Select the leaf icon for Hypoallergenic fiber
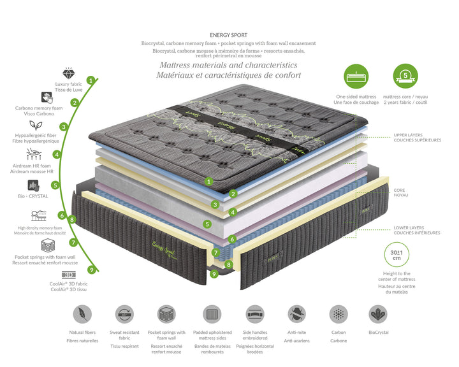(44, 126)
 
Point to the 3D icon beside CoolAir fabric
(68, 275)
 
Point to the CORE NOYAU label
(400, 192)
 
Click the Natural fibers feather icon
(83, 314)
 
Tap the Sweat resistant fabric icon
(124, 314)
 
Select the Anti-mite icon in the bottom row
(296, 314)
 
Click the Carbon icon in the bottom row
(339, 314)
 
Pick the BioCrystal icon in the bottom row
(378, 314)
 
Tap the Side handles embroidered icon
(255, 314)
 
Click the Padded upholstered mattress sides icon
(212, 314)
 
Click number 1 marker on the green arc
(91, 80)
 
